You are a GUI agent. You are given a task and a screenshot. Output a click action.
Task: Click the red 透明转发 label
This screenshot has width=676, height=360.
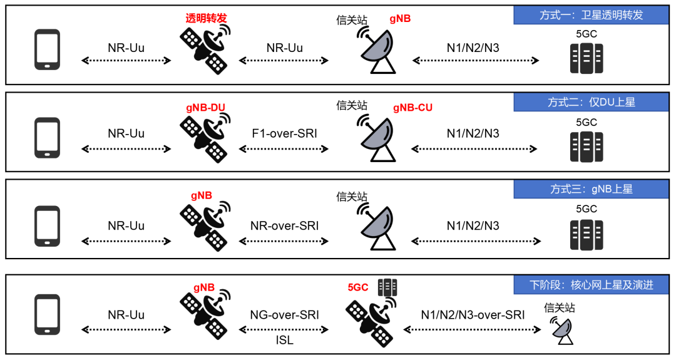(x=205, y=18)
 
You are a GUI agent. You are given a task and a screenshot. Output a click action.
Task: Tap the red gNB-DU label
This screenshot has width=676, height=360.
(x=205, y=108)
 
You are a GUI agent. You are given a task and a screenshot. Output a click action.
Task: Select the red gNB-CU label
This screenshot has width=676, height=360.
(x=412, y=108)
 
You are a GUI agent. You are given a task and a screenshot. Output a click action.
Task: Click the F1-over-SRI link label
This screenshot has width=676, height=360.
(x=285, y=133)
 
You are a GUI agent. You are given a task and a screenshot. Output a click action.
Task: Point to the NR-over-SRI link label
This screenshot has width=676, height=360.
(x=285, y=225)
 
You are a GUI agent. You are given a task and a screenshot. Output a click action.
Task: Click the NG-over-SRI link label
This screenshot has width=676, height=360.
(x=285, y=315)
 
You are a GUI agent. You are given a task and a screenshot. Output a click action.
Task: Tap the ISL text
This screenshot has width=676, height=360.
(x=285, y=341)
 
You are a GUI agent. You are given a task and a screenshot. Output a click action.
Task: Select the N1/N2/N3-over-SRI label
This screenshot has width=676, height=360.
(x=473, y=315)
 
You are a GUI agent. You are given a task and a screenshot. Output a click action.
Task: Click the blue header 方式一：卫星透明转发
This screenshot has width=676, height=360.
(x=591, y=15)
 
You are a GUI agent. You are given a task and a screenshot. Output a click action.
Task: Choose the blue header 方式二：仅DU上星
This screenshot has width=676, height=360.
(x=591, y=102)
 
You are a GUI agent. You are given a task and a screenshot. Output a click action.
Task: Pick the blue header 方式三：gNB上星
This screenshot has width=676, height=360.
(x=591, y=188)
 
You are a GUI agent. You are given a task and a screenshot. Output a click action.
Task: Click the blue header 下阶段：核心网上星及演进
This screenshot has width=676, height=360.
(x=591, y=284)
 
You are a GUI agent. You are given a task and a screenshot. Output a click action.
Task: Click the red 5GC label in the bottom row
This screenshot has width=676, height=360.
(x=359, y=288)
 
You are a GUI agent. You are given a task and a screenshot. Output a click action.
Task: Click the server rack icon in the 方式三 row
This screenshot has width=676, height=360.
(x=586, y=235)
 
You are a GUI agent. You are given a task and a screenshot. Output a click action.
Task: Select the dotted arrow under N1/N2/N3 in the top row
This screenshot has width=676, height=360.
(x=476, y=61)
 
